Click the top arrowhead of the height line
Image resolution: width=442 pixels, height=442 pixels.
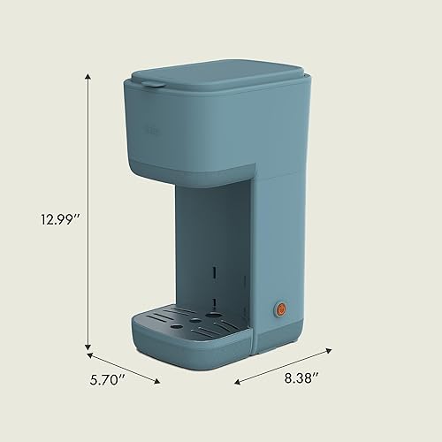click(88, 77)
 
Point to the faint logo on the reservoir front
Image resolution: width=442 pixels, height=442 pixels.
click(151, 130)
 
